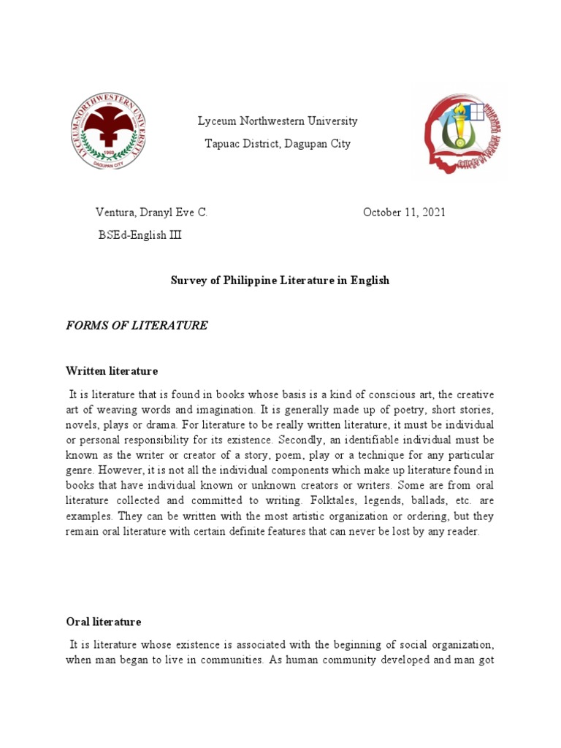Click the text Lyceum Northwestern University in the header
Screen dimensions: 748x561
pos(278,121)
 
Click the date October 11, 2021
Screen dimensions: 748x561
pos(404,213)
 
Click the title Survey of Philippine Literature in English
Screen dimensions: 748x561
pos(280,280)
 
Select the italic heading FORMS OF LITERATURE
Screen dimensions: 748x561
pos(137,326)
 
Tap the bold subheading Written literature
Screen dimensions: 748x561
pos(111,371)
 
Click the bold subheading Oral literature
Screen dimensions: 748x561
pos(103,622)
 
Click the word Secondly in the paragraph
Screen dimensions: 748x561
pos(301,440)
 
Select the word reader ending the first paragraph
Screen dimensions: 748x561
pos(463,532)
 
